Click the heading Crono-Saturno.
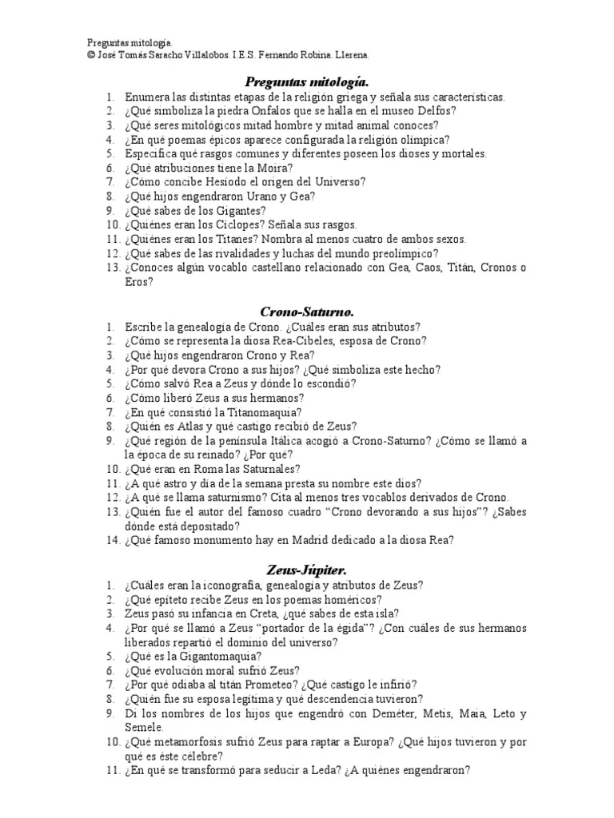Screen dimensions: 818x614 [306, 311]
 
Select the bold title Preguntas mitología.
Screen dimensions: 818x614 [306, 81]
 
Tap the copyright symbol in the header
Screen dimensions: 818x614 [91, 55]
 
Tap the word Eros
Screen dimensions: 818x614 [138, 282]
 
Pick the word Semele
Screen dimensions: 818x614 [143, 728]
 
